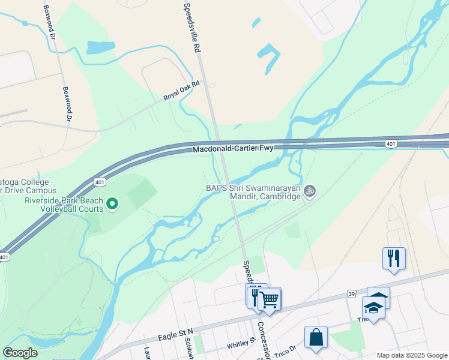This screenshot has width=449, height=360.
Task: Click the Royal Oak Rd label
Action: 181,91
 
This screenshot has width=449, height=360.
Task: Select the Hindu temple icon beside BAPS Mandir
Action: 310,191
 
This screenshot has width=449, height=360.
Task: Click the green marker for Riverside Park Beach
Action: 112,205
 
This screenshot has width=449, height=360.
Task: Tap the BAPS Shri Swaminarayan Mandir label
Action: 253,191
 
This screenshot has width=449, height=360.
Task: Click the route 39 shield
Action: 351,294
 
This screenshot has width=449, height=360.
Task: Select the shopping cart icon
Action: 270,298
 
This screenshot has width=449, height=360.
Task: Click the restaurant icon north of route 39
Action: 394,259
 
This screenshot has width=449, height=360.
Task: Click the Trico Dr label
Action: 285,349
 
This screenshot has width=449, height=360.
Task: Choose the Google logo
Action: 20,353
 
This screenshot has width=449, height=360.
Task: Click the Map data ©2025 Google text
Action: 411,355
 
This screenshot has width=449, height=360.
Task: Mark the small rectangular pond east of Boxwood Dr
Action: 100,47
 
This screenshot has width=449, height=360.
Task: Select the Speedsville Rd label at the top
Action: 191,27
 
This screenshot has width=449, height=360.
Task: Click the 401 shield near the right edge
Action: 390,143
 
